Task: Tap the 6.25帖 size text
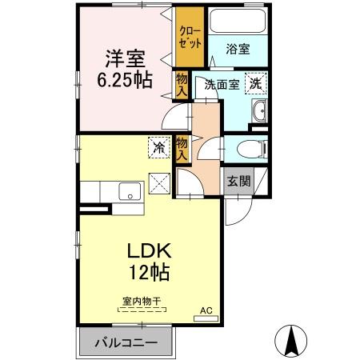click(125, 81)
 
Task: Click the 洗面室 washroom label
click(222, 84)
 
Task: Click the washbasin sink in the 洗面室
click(260, 113)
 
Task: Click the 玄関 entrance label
click(238, 181)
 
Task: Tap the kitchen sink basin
click(128, 192)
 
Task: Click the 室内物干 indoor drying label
click(142, 302)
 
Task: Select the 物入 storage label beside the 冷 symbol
click(182, 150)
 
